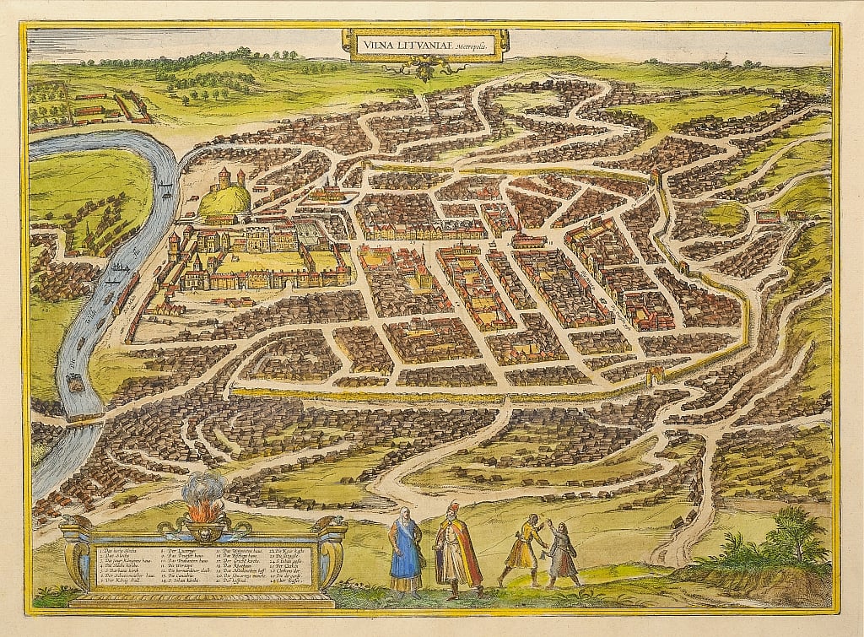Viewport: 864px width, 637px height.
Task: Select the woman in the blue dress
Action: pyautogui.click(x=406, y=552)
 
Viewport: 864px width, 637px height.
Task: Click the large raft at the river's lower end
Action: pyautogui.click(x=75, y=384)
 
